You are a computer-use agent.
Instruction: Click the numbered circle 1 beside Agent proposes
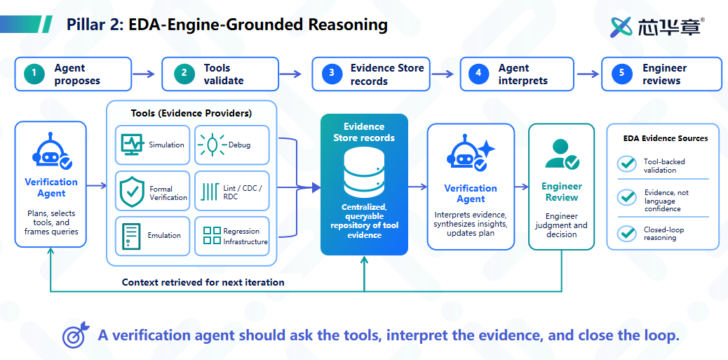[x=35, y=74]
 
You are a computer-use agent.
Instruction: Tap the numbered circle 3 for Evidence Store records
[x=332, y=74]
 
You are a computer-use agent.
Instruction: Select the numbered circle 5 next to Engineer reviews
[x=621, y=74]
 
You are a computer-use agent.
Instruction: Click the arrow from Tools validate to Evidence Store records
[x=290, y=74]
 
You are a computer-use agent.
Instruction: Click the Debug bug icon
[x=212, y=145]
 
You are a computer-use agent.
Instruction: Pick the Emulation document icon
[x=131, y=236]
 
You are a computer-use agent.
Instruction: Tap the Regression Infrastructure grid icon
[x=213, y=236]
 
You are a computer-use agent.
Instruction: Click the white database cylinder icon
[x=364, y=172]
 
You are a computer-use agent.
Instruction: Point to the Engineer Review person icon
[x=561, y=154]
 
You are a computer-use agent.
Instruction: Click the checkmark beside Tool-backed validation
[x=627, y=165]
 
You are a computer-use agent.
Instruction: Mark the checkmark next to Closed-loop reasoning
[x=627, y=233]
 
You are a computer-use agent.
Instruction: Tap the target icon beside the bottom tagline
[x=75, y=335]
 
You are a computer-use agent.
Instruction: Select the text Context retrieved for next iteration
[x=203, y=282]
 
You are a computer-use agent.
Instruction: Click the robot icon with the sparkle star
[x=470, y=154]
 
